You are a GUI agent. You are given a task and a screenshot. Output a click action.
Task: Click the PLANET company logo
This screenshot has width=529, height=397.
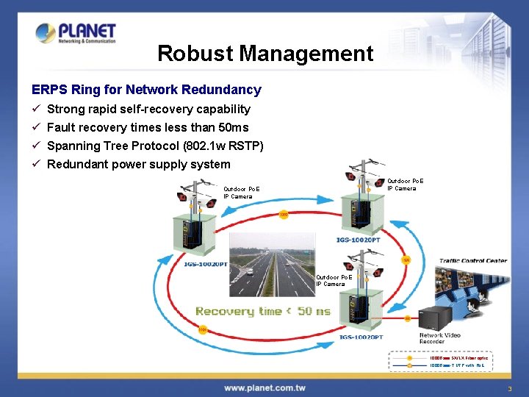tap(76, 32)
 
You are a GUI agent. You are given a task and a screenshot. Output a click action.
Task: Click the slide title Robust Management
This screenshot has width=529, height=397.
tap(265, 54)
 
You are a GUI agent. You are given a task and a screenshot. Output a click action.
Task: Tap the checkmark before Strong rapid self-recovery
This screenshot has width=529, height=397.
tap(36, 109)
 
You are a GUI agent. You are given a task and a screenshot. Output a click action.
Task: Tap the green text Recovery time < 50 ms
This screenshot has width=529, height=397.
tap(262, 311)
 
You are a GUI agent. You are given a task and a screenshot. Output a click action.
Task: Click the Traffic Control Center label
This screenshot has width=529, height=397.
tap(473, 260)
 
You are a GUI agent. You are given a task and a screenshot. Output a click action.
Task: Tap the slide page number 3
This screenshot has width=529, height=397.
tap(508, 387)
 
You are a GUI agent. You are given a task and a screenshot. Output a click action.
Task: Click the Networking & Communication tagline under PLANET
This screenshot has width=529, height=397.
tap(87, 42)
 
